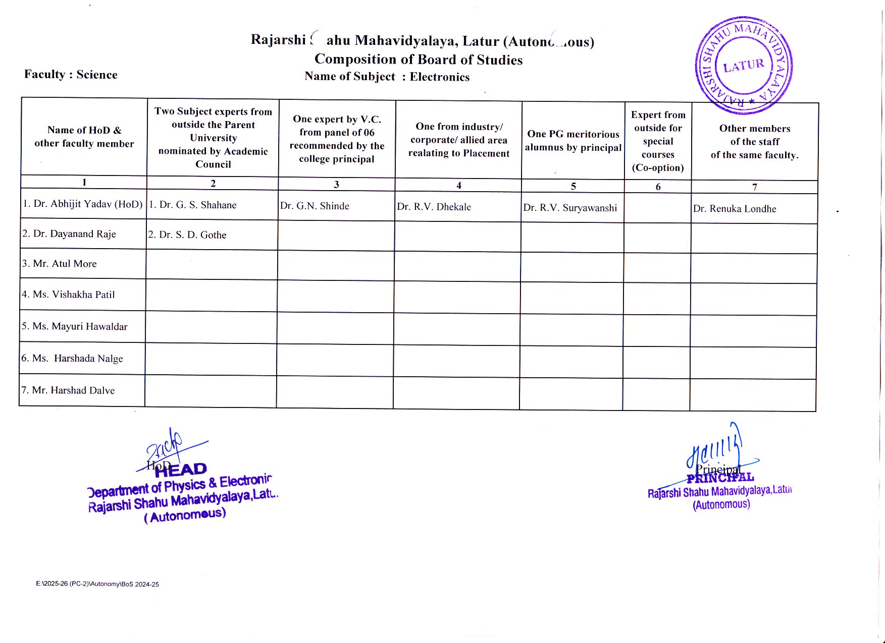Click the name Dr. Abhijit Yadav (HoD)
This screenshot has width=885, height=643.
point(83,204)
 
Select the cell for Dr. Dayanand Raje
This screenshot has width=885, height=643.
point(69,234)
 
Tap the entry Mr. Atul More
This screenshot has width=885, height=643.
point(60,264)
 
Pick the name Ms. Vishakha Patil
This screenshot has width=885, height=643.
point(68,295)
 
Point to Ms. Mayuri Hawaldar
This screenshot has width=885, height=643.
point(74,326)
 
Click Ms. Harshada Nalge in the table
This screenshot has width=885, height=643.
point(72,359)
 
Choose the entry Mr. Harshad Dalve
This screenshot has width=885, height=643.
point(68,390)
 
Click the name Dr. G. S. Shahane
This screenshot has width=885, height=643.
point(193,205)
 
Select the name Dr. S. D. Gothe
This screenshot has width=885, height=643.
point(187,235)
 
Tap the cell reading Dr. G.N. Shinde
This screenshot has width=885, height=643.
point(315,206)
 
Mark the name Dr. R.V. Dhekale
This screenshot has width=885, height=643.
point(434,207)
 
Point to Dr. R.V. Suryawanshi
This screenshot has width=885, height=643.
point(570,208)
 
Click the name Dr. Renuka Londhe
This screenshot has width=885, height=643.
point(735,209)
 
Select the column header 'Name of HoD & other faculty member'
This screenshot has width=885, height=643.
point(84,137)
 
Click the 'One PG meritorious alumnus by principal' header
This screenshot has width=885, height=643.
point(573,141)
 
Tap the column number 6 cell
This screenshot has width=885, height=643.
point(658,187)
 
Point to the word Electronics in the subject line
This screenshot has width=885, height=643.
point(439,77)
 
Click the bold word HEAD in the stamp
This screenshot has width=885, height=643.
point(181,470)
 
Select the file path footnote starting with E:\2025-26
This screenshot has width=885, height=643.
point(97,584)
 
